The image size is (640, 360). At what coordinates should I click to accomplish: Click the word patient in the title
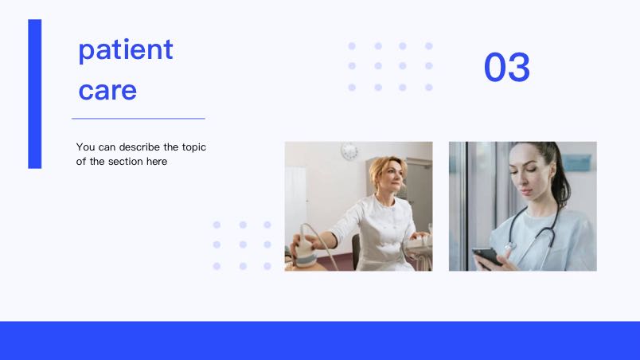tap(126, 50)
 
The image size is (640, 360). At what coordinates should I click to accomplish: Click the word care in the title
tap(107, 91)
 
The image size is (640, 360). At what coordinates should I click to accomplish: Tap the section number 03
tap(507, 67)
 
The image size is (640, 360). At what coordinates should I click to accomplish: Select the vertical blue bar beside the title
tap(35, 94)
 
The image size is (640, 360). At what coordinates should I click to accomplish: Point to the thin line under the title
tap(139, 119)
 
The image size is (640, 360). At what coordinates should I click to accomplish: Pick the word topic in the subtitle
tap(194, 147)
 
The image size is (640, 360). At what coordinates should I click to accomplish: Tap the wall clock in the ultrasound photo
tap(349, 151)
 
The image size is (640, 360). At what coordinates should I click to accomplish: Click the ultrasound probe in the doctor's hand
tap(306, 249)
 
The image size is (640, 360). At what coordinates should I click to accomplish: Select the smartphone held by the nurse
tap(487, 256)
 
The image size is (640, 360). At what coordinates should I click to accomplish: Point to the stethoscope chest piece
tap(509, 247)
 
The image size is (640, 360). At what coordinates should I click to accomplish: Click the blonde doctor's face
tap(392, 176)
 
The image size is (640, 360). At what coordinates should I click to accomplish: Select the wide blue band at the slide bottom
tap(320, 340)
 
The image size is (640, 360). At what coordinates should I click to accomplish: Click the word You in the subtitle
tap(85, 147)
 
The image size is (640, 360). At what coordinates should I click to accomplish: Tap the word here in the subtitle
tap(157, 162)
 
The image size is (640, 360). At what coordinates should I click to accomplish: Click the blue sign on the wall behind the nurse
tap(576, 162)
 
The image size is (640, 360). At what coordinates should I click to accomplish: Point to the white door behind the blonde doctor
tap(295, 204)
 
